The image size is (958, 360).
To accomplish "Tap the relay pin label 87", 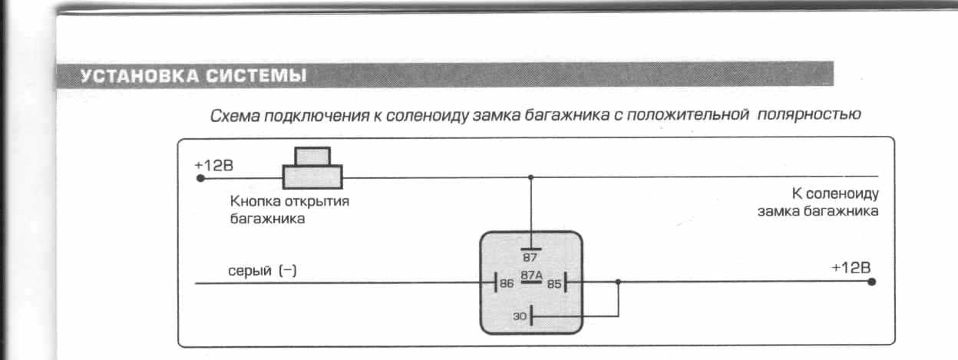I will [x=529, y=258].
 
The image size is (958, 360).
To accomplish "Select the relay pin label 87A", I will [x=531, y=274].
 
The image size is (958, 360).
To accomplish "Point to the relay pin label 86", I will [x=507, y=283].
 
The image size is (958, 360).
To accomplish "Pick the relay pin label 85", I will [x=554, y=283].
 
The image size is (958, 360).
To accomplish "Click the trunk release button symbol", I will [x=312, y=168].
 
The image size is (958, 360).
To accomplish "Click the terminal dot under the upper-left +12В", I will [x=200, y=179].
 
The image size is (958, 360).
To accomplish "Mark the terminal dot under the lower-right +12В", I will [x=871, y=282].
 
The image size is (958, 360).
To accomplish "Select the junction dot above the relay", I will [x=530, y=178].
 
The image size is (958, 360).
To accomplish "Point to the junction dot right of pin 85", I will [x=619, y=282].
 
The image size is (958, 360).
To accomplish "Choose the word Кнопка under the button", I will [x=253, y=203].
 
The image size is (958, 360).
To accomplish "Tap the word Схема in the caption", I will [x=234, y=116].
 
